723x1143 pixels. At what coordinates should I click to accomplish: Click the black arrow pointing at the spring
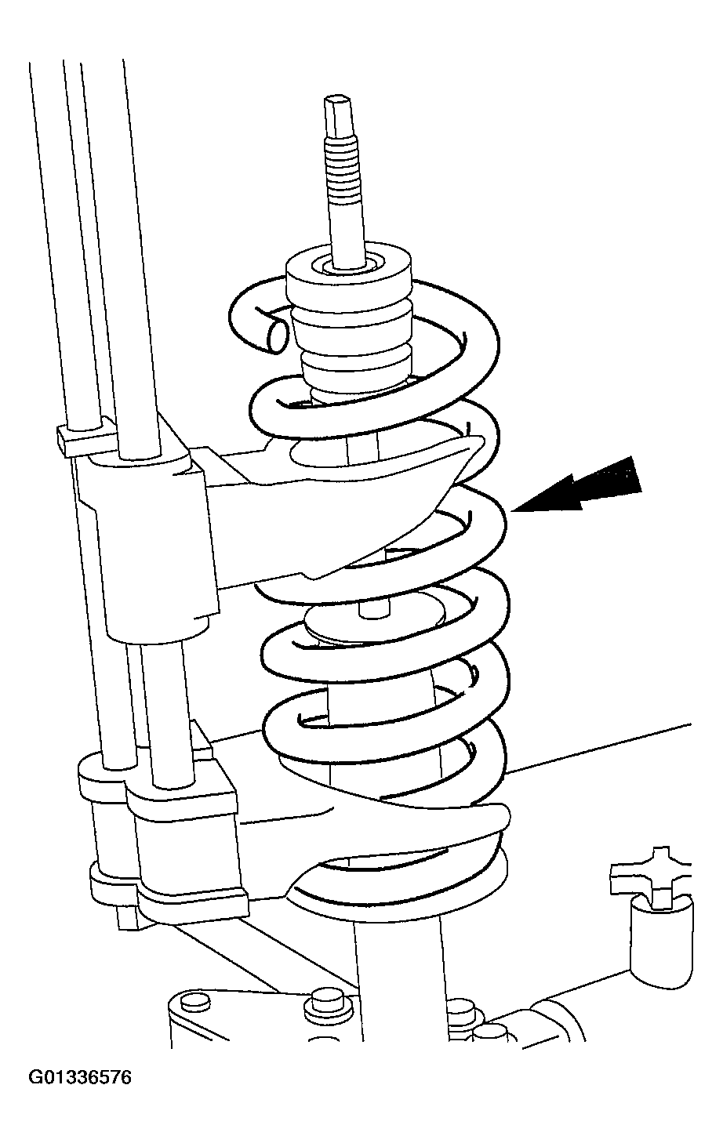tap(576, 484)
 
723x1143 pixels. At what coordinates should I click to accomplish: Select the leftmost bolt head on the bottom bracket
tap(196, 1002)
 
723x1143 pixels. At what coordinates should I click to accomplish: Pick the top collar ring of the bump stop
tap(349, 275)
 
